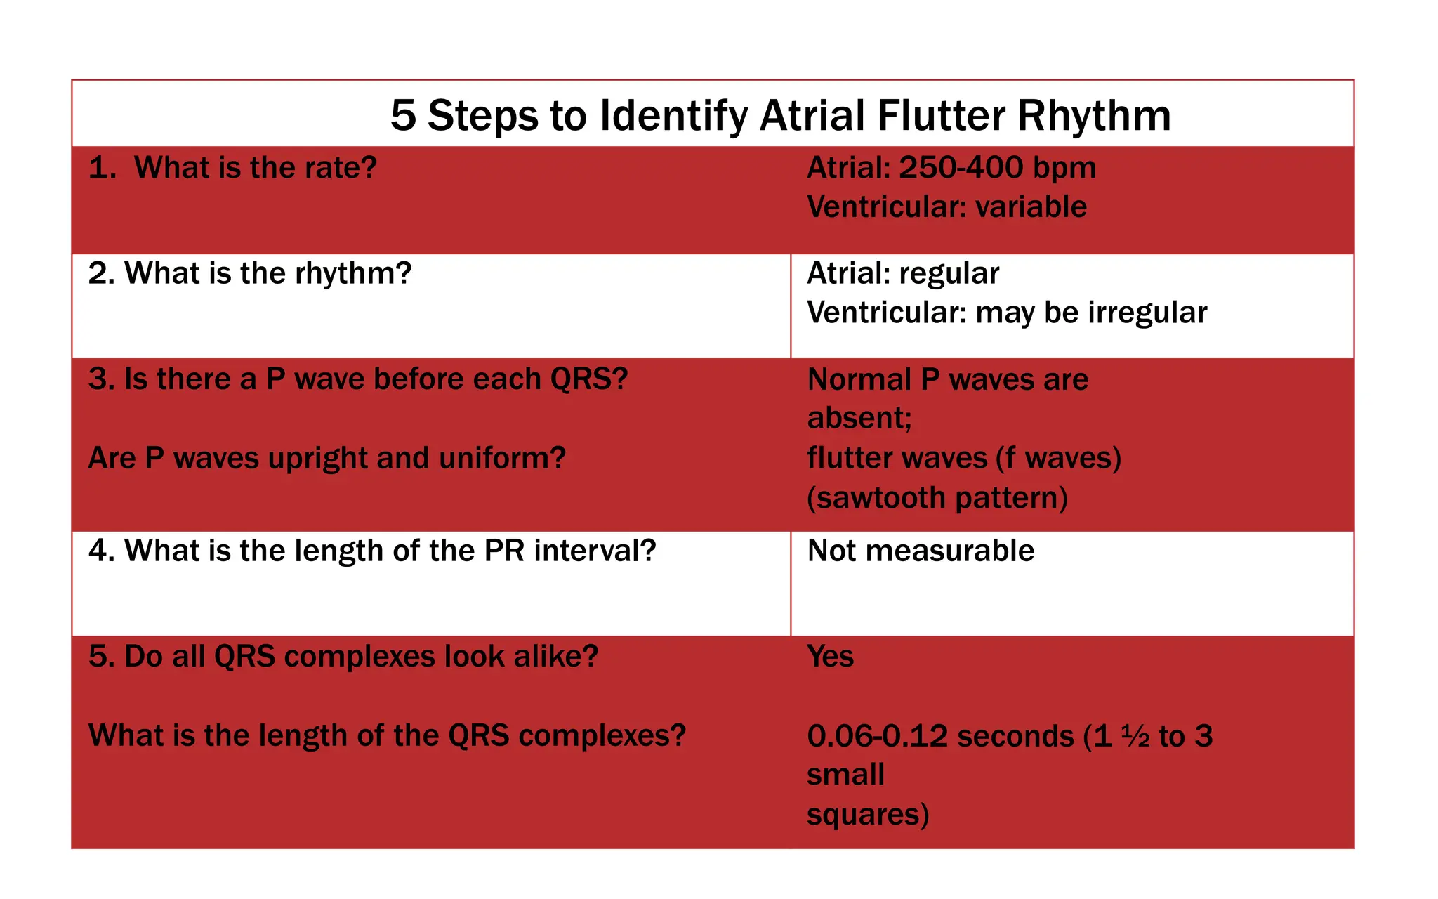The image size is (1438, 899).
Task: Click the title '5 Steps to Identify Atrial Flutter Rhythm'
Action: (780, 115)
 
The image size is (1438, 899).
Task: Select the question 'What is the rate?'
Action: (254, 168)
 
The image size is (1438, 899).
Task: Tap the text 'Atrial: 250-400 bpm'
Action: (951, 168)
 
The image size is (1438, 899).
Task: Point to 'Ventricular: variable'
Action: (946, 207)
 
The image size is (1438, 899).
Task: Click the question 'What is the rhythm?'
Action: (267, 273)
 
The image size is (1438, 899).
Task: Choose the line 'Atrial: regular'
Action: (902, 273)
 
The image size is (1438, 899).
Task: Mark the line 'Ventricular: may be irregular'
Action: (1007, 313)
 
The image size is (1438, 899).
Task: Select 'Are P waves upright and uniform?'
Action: (326, 458)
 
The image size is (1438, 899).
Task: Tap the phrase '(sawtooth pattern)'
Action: (937, 498)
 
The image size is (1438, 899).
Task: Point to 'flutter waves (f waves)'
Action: (963, 458)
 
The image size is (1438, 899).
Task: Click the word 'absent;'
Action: (859, 419)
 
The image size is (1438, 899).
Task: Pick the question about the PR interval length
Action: (371, 551)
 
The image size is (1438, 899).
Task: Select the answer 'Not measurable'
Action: (920, 551)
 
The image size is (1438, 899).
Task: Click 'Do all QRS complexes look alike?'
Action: (343, 657)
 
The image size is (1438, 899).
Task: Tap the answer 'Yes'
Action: (830, 657)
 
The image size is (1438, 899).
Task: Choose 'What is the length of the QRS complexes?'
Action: (387, 735)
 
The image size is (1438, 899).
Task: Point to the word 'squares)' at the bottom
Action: (867, 815)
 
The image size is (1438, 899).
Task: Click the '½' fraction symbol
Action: (1135, 736)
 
